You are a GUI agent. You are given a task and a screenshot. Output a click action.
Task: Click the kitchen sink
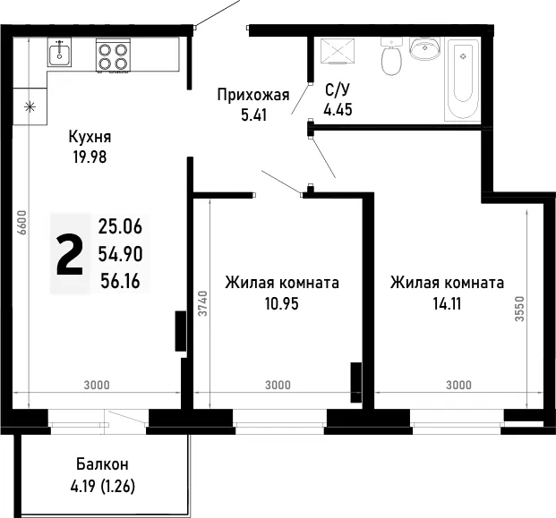[x=59, y=53]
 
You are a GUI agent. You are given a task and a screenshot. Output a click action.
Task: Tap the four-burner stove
[x=113, y=55]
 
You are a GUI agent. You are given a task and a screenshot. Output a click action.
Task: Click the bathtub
[x=462, y=80]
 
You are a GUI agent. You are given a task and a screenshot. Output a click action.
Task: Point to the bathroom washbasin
[x=424, y=47]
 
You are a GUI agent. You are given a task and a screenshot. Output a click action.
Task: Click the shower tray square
[x=338, y=51]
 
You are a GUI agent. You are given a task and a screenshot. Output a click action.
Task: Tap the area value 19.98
[x=90, y=157]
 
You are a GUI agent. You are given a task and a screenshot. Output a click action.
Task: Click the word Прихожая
[x=253, y=95]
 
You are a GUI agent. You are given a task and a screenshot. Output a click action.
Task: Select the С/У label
[x=338, y=90]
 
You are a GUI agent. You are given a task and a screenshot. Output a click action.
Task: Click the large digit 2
[x=70, y=254]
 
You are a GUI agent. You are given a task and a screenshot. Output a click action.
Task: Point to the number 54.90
[x=121, y=254]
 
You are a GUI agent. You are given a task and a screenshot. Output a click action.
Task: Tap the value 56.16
[x=121, y=281]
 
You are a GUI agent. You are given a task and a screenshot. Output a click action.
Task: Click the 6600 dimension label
[x=22, y=222]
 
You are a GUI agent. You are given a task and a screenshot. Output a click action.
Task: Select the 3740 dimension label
[x=202, y=303]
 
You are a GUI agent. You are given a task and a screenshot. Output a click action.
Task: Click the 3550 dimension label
[x=519, y=309]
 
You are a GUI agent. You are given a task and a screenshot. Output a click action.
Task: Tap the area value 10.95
[x=282, y=303]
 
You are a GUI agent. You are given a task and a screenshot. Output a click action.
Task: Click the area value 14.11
[x=447, y=303]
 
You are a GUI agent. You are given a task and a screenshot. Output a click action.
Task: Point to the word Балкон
[x=102, y=463]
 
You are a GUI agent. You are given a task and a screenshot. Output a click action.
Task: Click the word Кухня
[x=90, y=137]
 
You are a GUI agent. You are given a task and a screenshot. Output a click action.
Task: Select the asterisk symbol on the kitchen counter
[x=30, y=106]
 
